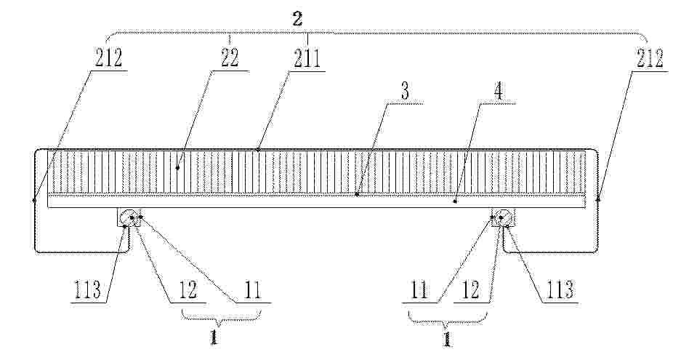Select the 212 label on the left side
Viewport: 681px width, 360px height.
pyautogui.click(x=108, y=58)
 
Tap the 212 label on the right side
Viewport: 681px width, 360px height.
pyautogui.click(x=650, y=58)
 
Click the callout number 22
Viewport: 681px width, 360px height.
pyautogui.click(x=230, y=58)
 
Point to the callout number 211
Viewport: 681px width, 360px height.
pyautogui.click(x=307, y=58)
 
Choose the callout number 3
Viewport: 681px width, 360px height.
pyautogui.click(x=405, y=92)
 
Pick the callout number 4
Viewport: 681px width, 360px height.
pyautogui.click(x=499, y=92)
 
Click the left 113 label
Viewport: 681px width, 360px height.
pyautogui.click(x=88, y=289)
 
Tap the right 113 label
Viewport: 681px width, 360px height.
pyautogui.click(x=560, y=289)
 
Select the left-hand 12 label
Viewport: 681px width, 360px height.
pyautogui.click(x=188, y=289)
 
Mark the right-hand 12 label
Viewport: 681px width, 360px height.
pyautogui.click(x=470, y=289)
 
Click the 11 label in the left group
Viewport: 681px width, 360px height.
pyautogui.click(x=253, y=289)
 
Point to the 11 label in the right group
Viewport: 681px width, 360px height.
pyautogui.click(x=419, y=289)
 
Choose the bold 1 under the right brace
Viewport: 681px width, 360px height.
pyautogui.click(x=447, y=338)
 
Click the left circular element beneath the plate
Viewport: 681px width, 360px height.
pyautogui.click(x=129, y=217)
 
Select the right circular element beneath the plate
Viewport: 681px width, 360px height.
pyautogui.click(x=503, y=217)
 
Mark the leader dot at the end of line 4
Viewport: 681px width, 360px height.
pyautogui.click(x=455, y=201)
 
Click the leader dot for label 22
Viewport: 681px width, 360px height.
pyautogui.click(x=177, y=168)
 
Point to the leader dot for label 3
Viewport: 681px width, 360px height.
pyautogui.click(x=357, y=195)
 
